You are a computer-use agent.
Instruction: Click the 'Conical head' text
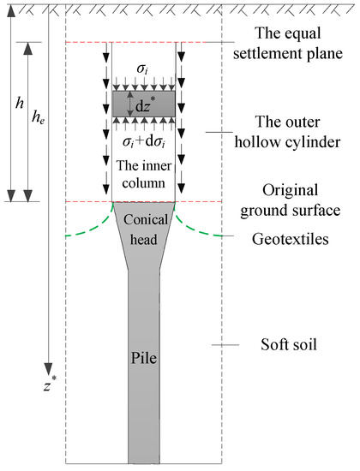click(x=144, y=230)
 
